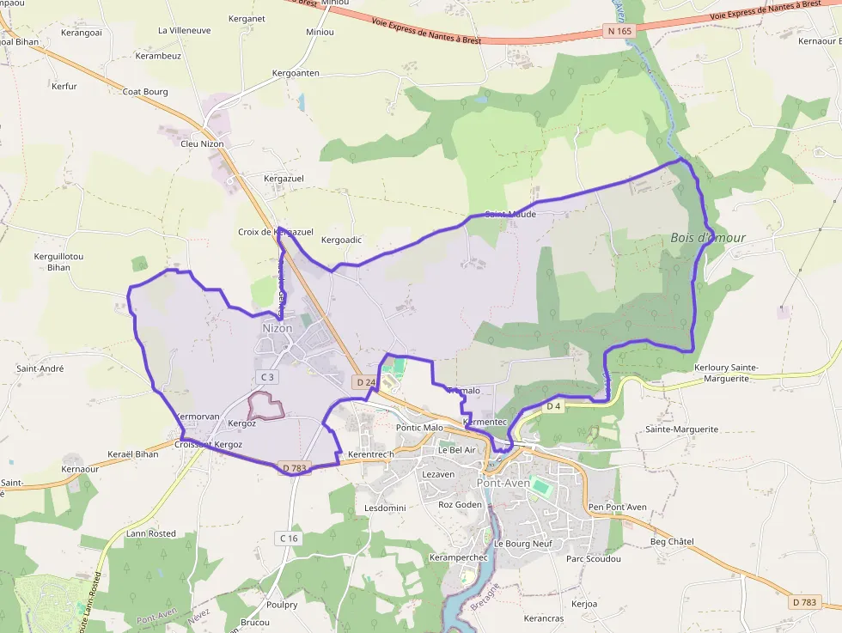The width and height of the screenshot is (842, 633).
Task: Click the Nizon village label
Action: pos(278,328)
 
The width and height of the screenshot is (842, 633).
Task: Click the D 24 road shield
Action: pos(365,381)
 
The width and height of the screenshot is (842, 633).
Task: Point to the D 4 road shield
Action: pos(553,405)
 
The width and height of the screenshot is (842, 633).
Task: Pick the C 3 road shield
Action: pos(267,377)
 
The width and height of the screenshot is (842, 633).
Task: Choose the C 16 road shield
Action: pos(288,538)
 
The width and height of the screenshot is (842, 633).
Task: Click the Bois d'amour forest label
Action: pos(708,237)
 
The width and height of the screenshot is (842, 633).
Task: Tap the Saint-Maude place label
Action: pos(510,214)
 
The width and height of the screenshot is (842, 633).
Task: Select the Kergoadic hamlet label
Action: pos(341,240)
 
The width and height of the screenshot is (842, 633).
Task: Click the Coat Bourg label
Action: pos(144,91)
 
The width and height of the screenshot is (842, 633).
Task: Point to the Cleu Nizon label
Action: pos(202,143)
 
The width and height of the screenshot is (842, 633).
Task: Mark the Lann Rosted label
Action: pos(150,533)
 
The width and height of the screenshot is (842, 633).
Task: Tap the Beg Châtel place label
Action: pos(672,541)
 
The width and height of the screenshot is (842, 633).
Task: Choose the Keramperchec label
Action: pos(458,557)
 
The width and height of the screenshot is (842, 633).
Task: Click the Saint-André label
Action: pos(40,368)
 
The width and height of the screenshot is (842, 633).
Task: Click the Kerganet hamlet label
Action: pos(247,18)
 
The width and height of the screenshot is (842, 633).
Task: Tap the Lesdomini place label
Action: pos(385,508)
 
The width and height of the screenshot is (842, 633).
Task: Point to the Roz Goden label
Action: pos(461,504)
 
